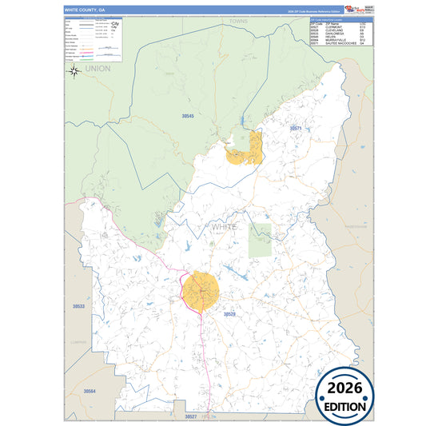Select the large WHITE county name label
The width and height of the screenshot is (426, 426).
[225, 227]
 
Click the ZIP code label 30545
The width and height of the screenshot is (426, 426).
[187, 117]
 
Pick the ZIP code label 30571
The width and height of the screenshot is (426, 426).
[296, 128]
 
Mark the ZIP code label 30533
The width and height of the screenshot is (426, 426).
[78, 306]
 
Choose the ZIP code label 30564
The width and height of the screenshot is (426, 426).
[90, 391]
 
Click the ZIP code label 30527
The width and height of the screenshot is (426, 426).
[190, 416]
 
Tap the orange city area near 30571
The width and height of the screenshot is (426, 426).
[245, 149]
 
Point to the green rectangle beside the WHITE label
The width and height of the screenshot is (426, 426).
[260, 240]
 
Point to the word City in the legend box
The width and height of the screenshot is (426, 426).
[115, 25]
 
